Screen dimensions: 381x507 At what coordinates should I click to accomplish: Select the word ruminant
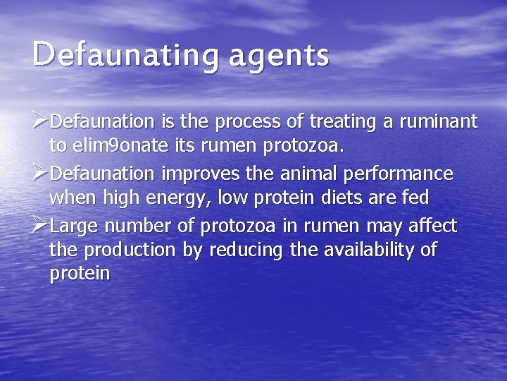click(438, 121)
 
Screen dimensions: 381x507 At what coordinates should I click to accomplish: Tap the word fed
click(415, 198)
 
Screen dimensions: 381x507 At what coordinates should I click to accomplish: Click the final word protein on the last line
click(80, 274)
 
